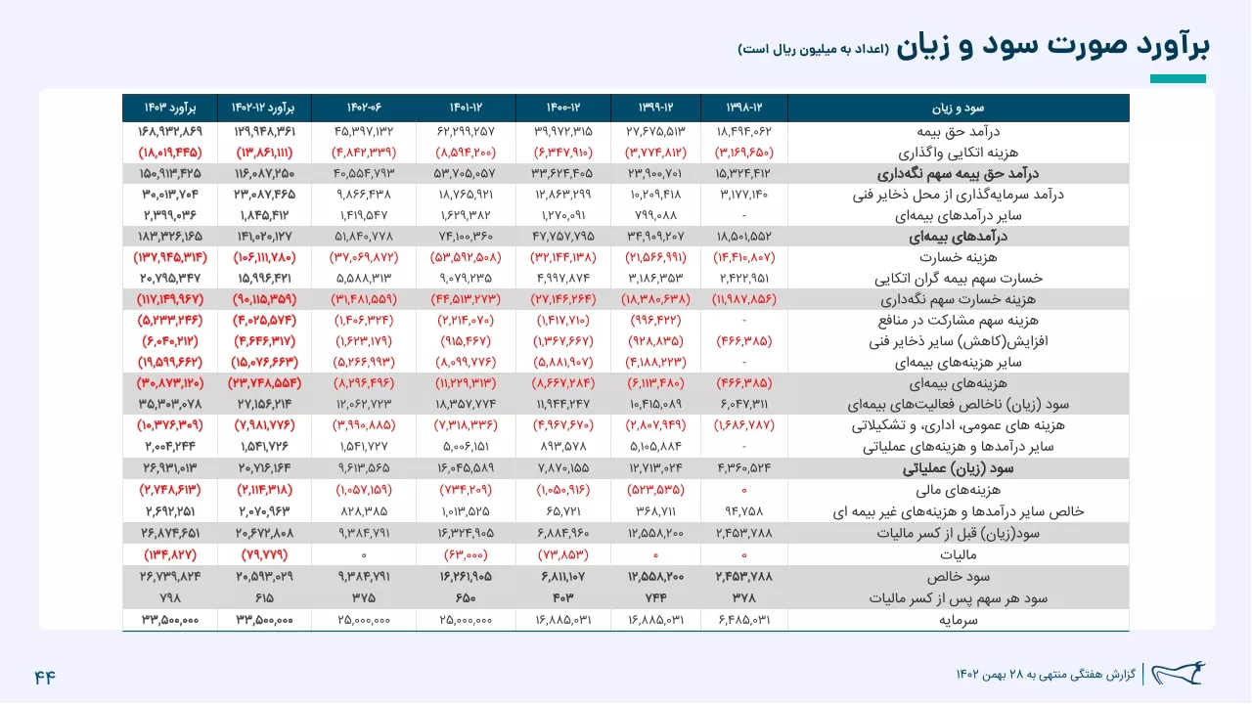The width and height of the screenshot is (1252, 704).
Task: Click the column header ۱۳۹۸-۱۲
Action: pyautogui.click(x=744, y=108)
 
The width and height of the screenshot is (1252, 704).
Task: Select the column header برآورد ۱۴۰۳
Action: pyautogui.click(x=170, y=108)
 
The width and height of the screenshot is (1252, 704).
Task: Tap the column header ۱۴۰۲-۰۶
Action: pyautogui.click(x=364, y=108)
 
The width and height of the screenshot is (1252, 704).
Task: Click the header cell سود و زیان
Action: pyautogui.click(x=958, y=108)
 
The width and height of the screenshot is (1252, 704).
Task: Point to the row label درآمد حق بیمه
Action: pyautogui.click(x=958, y=131)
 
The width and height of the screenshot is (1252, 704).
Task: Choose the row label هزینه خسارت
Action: pyautogui.click(x=958, y=257)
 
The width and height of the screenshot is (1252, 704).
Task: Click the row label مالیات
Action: pyautogui.click(x=958, y=554)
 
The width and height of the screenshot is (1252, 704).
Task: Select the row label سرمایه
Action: pyautogui.click(x=958, y=620)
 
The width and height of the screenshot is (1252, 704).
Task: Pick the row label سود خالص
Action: pyautogui.click(x=958, y=577)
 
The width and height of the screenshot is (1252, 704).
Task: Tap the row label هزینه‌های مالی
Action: pyautogui.click(x=958, y=490)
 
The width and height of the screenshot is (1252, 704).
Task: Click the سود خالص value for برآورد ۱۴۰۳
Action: pyautogui.click(x=170, y=577)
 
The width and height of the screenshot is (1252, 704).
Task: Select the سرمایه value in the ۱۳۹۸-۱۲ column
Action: pyautogui.click(x=744, y=620)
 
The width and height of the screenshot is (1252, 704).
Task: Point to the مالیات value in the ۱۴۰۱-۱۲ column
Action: pyautogui.click(x=466, y=554)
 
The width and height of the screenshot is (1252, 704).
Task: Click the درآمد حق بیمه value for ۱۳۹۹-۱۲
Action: pyautogui.click(x=655, y=131)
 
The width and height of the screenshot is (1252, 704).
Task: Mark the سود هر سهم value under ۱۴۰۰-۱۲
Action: pyautogui.click(x=563, y=598)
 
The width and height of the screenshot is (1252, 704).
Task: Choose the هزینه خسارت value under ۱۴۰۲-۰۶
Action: pyautogui.click(x=364, y=257)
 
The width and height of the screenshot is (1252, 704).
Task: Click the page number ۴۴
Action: pyautogui.click(x=45, y=678)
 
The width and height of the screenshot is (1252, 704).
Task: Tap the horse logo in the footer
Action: pyautogui.click(x=1179, y=674)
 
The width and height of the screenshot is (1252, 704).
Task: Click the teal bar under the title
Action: pyautogui.click(x=1178, y=79)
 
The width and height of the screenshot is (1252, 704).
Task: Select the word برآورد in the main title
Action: pyautogui.click(x=1173, y=45)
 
